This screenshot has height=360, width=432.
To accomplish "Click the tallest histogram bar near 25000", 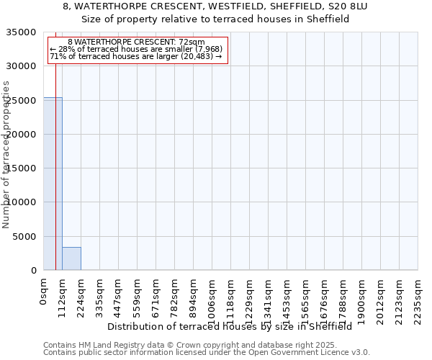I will (x=53, y=184).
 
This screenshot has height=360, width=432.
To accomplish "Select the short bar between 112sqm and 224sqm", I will (x=71, y=258).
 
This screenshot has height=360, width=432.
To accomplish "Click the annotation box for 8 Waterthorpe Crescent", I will (x=136, y=50).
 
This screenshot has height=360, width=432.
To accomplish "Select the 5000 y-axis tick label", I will (x=24, y=237).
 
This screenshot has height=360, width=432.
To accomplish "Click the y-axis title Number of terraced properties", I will (x=6, y=154).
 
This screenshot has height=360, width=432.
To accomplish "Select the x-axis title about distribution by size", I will (x=230, y=326).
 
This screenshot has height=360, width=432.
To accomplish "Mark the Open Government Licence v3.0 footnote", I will (x=206, y=353).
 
